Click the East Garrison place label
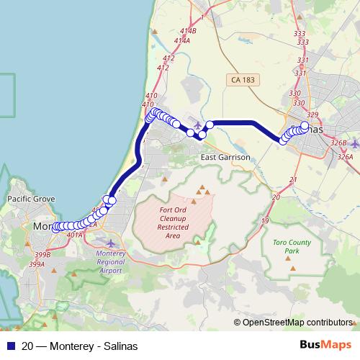click(x=225, y=157)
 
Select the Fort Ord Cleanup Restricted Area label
click(x=173, y=222)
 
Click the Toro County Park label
click(x=292, y=247)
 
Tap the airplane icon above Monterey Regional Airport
click(x=109, y=241)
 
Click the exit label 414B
click(x=188, y=31)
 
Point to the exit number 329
click(x=312, y=115)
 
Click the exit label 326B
click(x=339, y=143)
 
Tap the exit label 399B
click(x=42, y=254)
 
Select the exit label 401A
click(x=73, y=235)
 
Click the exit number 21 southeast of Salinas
click(x=292, y=179)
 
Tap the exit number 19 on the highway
click(x=266, y=220)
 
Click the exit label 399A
click(x=37, y=264)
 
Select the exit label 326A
click(x=345, y=156)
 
